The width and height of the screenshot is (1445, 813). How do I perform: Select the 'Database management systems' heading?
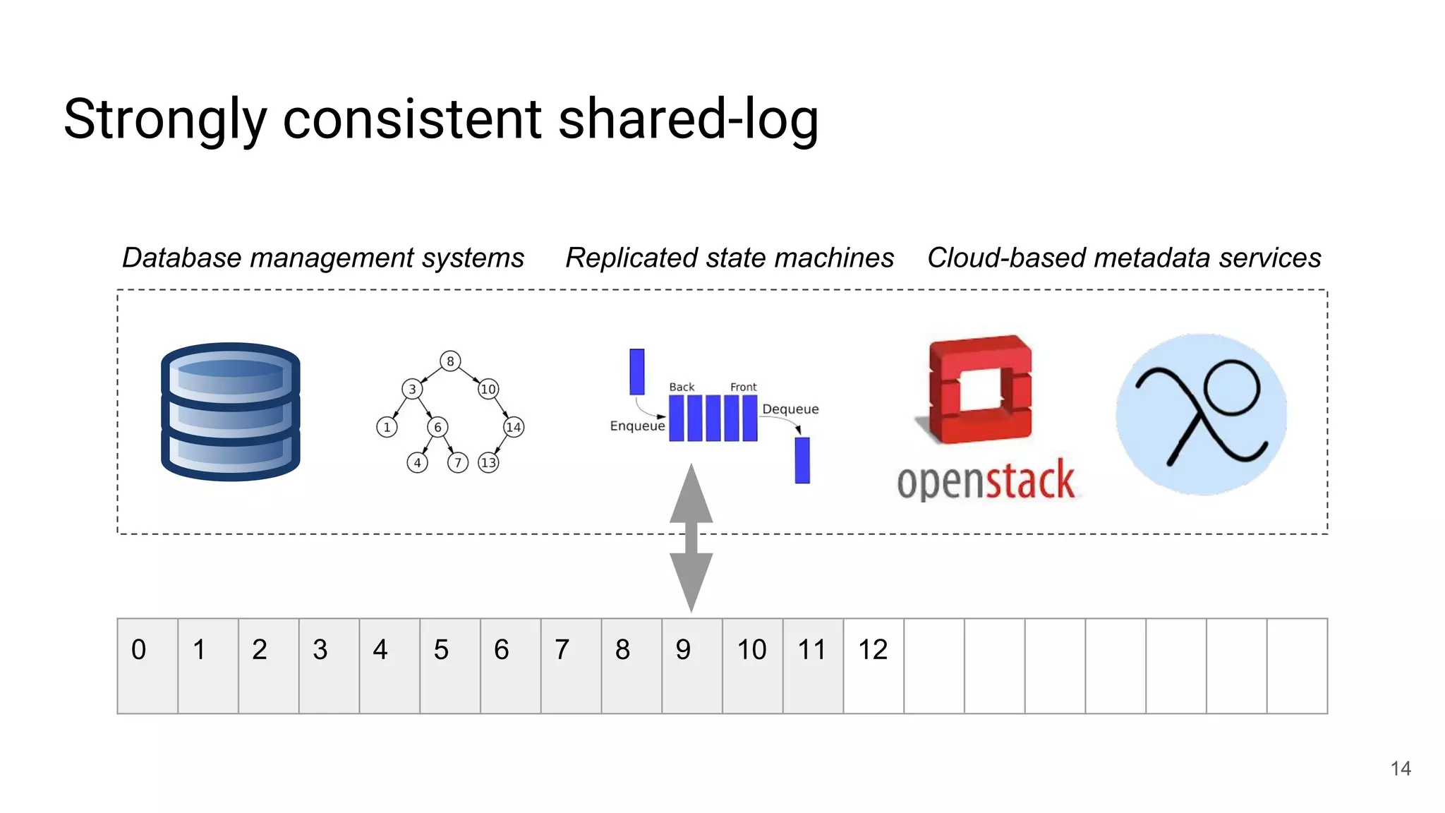pyautogui.click(x=323, y=258)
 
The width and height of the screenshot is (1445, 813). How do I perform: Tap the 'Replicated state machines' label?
pyautogui.click(x=730, y=258)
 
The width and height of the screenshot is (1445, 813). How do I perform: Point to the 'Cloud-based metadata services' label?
pyautogui.click(x=1124, y=258)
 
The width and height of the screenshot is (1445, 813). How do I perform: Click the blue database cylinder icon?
pyautogui.click(x=231, y=411)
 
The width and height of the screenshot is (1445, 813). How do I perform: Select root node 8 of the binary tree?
pyautogui.click(x=450, y=361)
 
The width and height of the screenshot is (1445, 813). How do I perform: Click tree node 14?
pyautogui.click(x=514, y=427)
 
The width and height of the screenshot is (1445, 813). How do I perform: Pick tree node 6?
pyautogui.click(x=437, y=427)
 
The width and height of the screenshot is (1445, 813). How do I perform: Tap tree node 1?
pyautogui.click(x=387, y=427)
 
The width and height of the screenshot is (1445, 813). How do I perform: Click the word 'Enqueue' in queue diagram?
pyautogui.click(x=637, y=426)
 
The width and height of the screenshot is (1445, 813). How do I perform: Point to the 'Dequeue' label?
pyautogui.click(x=790, y=409)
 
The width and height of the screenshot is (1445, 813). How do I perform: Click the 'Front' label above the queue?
pyautogui.click(x=743, y=387)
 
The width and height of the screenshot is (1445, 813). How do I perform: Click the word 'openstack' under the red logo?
pyautogui.click(x=986, y=481)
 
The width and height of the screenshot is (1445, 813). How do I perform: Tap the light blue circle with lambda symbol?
pyautogui.click(x=1201, y=414)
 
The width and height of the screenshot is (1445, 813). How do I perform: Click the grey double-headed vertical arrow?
pyautogui.click(x=691, y=538)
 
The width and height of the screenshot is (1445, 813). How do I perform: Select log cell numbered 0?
pyautogui.click(x=147, y=666)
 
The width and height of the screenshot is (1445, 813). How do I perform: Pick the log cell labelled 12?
pyautogui.click(x=873, y=666)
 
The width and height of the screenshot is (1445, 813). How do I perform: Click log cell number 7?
pyautogui.click(x=571, y=666)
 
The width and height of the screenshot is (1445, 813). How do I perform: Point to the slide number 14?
pyautogui.click(x=1401, y=769)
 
